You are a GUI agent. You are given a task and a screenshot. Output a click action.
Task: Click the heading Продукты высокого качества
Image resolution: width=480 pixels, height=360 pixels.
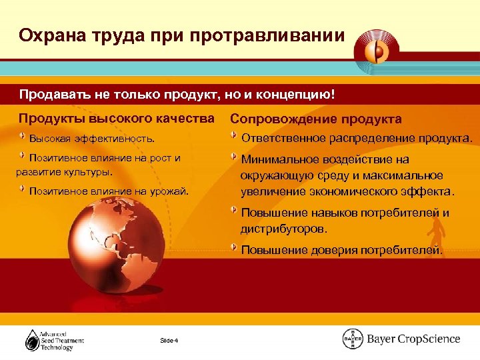click(117, 119)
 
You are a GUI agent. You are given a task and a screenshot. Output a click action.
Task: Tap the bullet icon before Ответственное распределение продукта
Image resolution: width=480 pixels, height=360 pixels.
click(234, 136)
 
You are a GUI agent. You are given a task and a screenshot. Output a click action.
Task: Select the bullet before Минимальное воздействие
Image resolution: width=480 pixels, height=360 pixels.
click(234, 156)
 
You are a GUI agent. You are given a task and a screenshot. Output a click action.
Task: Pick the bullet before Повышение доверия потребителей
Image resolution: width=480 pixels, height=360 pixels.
click(234, 247)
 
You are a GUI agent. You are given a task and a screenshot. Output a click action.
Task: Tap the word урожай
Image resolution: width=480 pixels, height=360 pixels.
click(172, 191)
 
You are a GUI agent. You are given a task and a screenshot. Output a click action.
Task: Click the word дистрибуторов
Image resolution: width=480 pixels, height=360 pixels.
click(284, 228)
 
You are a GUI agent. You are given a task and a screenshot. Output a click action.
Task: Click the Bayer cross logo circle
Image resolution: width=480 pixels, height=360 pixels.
click(353, 339)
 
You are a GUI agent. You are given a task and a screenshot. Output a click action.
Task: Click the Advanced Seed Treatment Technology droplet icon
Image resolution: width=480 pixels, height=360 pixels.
click(32, 341)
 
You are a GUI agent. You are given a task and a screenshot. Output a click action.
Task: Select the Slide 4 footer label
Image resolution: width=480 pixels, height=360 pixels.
click(169, 341)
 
